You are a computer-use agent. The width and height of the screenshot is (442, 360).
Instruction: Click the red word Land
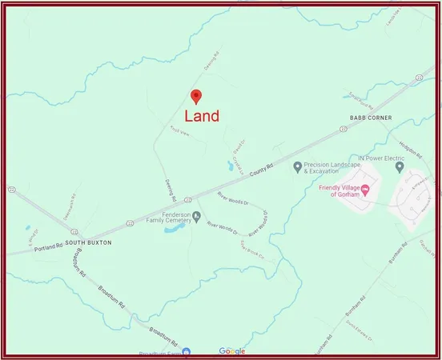point(202,117)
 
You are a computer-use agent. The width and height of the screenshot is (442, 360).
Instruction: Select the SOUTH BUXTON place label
point(88,242)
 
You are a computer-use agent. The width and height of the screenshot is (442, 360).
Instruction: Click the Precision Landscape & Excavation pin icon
point(297,167)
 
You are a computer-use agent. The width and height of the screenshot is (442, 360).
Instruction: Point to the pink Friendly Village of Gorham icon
point(365,190)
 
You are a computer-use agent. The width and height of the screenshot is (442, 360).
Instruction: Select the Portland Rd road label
point(47,248)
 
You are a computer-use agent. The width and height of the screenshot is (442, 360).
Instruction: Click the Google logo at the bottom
point(232,351)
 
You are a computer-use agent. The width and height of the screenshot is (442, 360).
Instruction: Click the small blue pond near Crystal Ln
point(230,167)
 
